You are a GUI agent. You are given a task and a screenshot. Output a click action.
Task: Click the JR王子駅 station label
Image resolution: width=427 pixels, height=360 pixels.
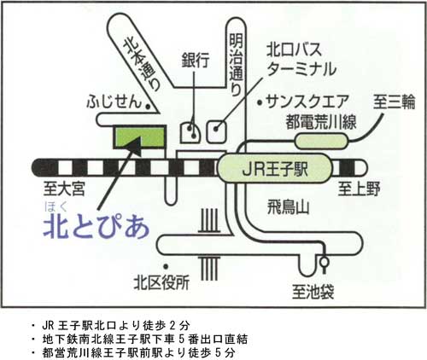(x=275, y=170)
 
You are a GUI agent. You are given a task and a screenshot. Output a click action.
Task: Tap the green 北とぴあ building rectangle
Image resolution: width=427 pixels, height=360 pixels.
(x=139, y=136)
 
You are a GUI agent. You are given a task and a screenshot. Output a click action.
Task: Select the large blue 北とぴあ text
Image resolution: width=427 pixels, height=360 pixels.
(x=97, y=227)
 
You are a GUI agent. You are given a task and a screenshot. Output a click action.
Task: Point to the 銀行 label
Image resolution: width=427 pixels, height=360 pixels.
(x=196, y=60)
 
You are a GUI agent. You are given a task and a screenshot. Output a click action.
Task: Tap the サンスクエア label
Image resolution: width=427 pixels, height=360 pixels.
(x=307, y=102)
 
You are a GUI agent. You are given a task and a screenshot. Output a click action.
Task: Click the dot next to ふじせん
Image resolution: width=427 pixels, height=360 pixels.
(x=148, y=107)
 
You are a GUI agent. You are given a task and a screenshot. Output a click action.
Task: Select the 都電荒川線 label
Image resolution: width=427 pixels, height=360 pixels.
(x=321, y=122)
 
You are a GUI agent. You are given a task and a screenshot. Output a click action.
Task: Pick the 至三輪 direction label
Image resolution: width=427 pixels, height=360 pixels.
(x=394, y=102)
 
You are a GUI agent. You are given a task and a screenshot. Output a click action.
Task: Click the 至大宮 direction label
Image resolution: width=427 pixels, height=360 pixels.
(x=64, y=189)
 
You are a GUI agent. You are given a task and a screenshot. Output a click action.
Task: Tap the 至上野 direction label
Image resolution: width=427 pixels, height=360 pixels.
(x=359, y=189)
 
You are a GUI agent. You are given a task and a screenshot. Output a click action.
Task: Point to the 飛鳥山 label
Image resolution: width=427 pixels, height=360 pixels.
(x=288, y=207)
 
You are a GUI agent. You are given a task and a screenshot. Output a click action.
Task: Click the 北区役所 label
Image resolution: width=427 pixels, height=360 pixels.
(x=161, y=283)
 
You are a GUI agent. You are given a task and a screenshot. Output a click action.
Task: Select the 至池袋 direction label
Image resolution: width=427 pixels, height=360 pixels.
(x=313, y=292)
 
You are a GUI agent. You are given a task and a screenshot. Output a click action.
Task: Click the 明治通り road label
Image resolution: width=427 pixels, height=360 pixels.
(x=237, y=64)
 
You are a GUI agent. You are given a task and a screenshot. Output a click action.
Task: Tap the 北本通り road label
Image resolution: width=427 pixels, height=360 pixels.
(x=142, y=65)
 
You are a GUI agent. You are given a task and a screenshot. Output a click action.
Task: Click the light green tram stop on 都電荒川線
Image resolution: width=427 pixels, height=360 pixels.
(x=322, y=142)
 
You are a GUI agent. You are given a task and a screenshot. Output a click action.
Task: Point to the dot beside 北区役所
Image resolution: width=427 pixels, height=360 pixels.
(x=166, y=266)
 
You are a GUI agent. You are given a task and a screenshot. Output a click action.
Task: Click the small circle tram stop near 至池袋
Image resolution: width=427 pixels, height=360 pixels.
(x=325, y=262)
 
